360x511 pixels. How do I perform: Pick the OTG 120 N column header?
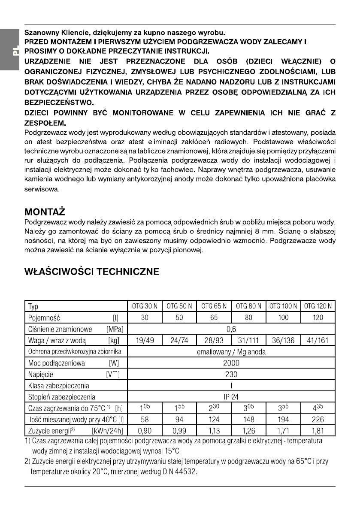tap(318, 307)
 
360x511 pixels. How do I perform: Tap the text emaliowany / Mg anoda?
tap(232, 352)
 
